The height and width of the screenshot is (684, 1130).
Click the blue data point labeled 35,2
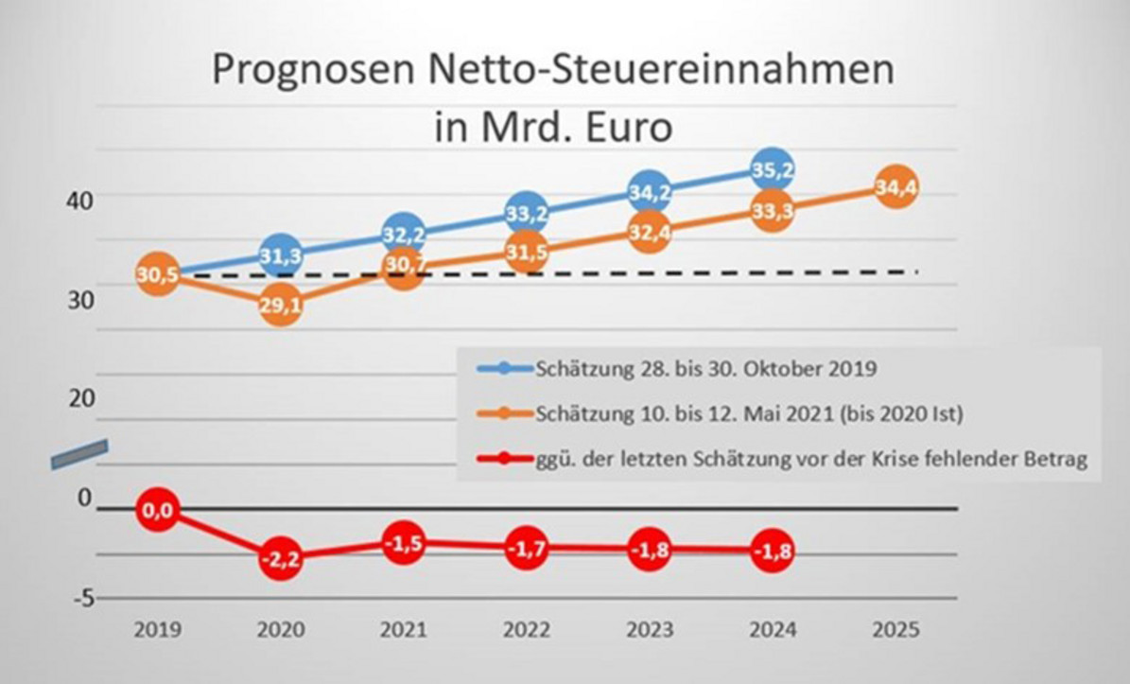(x=773, y=170)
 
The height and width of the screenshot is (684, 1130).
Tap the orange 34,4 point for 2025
(x=895, y=189)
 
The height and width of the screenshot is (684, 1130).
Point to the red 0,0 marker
(x=158, y=511)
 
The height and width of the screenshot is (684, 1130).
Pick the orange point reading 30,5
(x=158, y=276)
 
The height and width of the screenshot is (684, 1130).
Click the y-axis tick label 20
(x=82, y=398)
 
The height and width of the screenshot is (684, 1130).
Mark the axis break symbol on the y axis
(x=79, y=454)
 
